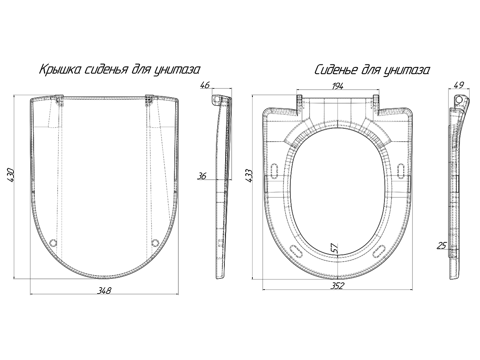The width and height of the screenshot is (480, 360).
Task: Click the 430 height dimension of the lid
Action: tap(11, 175)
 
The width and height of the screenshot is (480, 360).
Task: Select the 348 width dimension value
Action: tap(104, 290)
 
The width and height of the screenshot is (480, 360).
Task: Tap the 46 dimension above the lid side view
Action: tap(205, 85)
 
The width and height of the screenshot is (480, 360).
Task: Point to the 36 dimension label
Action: tap(202, 176)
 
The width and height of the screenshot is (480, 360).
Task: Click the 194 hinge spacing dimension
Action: tap(338, 86)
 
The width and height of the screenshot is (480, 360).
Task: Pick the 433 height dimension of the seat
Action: tap(249, 176)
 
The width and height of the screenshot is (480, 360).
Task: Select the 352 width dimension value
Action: tap(337, 286)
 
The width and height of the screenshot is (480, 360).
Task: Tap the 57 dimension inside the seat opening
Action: tap(334, 248)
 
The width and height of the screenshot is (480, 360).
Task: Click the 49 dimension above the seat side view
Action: tap(458, 85)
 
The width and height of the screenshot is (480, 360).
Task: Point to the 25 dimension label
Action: tap(442, 246)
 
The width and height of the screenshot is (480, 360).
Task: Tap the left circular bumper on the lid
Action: tap(53, 243)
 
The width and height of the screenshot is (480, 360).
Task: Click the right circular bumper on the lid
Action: tap(155, 243)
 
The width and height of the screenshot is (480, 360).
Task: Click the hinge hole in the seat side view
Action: tap(459, 100)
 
